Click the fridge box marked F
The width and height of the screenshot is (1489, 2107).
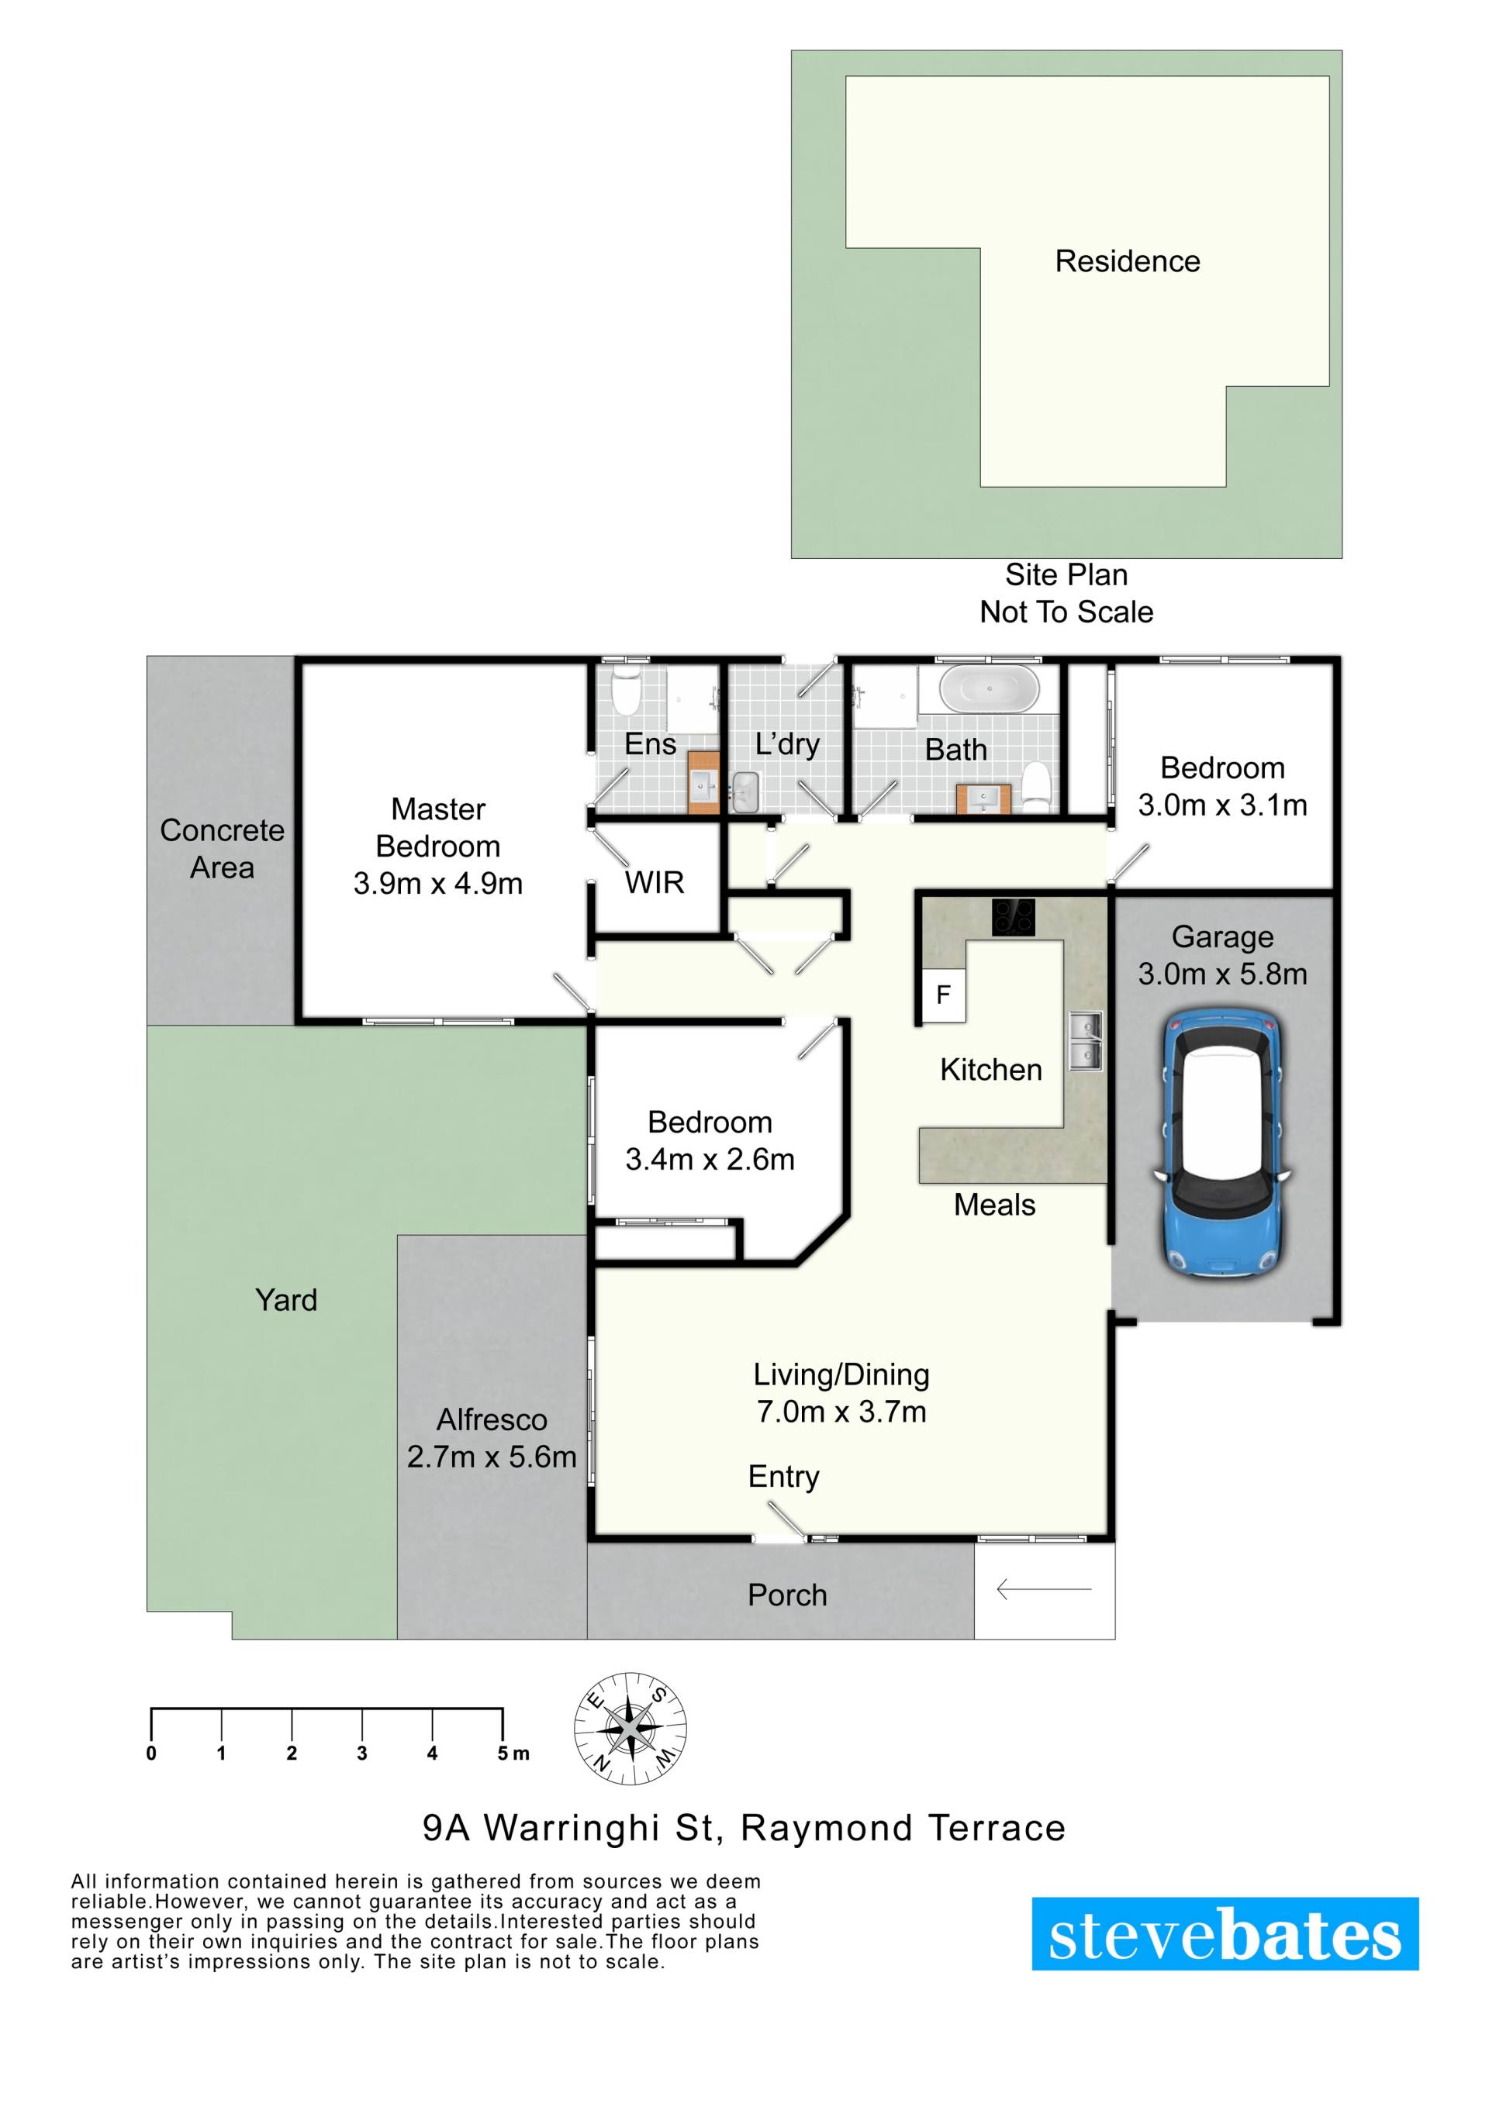944,995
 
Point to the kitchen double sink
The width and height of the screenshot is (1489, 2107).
1085,1042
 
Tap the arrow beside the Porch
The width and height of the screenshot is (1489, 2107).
1044,1588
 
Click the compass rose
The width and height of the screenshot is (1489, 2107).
631,1728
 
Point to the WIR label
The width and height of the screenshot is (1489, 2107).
655,883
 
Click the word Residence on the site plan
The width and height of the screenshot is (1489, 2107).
1128,261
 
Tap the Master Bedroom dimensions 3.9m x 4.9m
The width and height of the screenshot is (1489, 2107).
438,884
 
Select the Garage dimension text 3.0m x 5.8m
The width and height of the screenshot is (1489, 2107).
1223,974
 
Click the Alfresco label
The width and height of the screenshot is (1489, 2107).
492,1419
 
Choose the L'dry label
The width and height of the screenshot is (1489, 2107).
786,744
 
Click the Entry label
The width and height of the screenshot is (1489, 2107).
783,1478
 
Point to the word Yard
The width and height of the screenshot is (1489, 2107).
286,1300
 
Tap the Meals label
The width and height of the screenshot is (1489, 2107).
994,1205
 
